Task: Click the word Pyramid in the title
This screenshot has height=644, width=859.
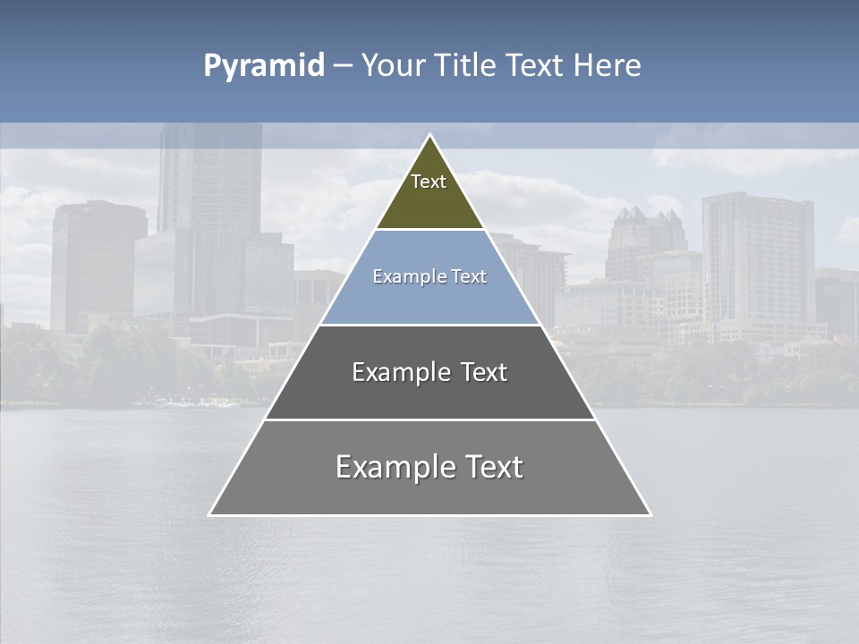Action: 264,66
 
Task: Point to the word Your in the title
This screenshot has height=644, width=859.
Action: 394,66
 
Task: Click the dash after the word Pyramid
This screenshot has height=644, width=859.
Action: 343,67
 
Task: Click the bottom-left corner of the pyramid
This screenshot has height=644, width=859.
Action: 210,514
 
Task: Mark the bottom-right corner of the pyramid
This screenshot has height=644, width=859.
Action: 650,514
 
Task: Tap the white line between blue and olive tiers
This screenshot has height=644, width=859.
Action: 429,230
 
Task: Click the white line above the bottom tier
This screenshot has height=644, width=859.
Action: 429,419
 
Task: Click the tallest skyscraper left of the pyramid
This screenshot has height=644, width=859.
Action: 210,179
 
